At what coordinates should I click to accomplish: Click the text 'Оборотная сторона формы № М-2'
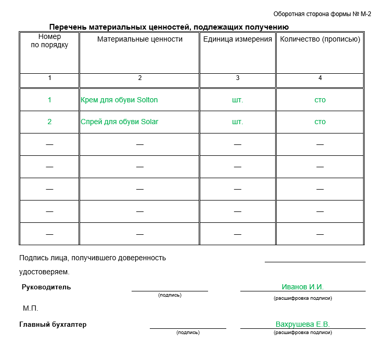pos(322,14)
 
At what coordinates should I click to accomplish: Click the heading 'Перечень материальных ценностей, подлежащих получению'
pos(169,27)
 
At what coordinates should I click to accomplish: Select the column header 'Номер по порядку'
pos(49,41)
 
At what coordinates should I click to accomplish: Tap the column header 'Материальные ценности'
pos(140,39)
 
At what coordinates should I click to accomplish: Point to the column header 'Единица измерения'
pos(238,39)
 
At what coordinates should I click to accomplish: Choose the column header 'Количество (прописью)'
pos(320,39)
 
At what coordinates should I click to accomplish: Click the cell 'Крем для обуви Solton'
pos(119,100)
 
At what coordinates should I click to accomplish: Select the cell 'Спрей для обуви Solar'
pos(120,122)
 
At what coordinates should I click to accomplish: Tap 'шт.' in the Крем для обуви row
pos(238,100)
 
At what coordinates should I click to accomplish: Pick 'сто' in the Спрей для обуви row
pos(320,122)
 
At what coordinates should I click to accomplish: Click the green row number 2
pos(49,122)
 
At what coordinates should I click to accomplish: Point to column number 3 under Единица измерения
pos(238,78)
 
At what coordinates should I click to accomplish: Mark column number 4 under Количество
pos(320,78)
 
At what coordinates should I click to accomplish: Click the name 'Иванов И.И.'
pos(303,287)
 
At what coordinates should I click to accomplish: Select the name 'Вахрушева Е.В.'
pos(303,324)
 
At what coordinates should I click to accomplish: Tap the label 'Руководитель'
pos(46,287)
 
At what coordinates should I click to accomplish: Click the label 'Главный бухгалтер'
pos(53,324)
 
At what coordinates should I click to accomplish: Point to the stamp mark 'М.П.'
pos(31,308)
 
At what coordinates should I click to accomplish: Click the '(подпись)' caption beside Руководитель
pos(170,295)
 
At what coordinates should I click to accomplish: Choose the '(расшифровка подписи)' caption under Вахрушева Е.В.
pos(303,332)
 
